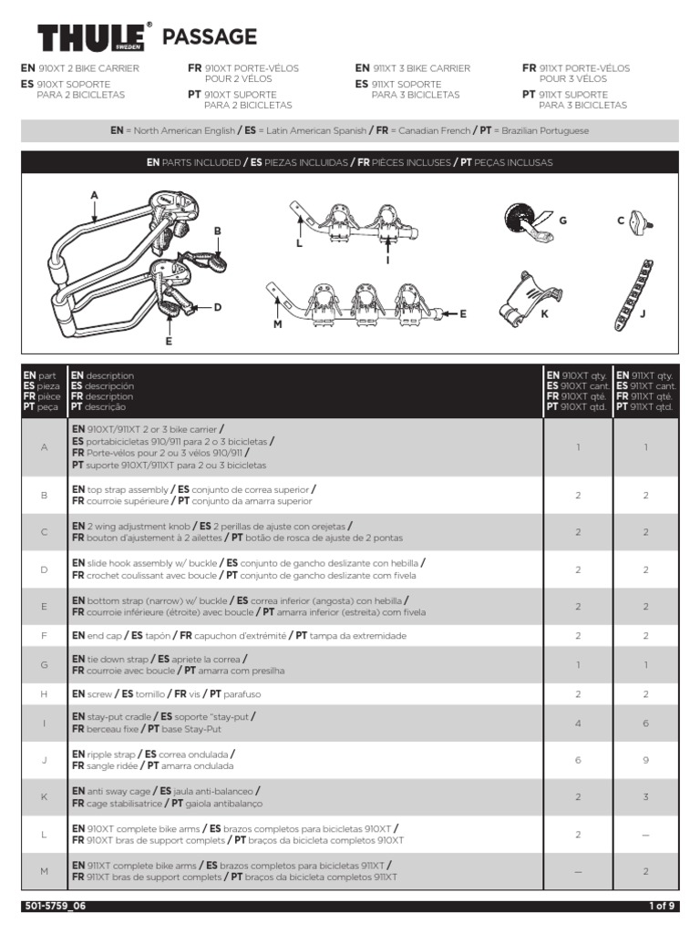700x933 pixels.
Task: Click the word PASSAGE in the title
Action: point(209,36)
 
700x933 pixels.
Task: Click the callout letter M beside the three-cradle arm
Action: point(277,323)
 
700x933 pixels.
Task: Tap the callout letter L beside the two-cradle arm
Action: point(298,245)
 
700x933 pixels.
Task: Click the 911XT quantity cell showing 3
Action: point(645,796)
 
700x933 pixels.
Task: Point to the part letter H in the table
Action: point(43,694)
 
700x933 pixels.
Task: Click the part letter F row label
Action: point(43,635)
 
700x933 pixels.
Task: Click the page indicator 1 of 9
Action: point(661,906)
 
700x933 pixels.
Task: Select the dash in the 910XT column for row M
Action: point(578,872)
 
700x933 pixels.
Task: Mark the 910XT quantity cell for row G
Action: point(578,665)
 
